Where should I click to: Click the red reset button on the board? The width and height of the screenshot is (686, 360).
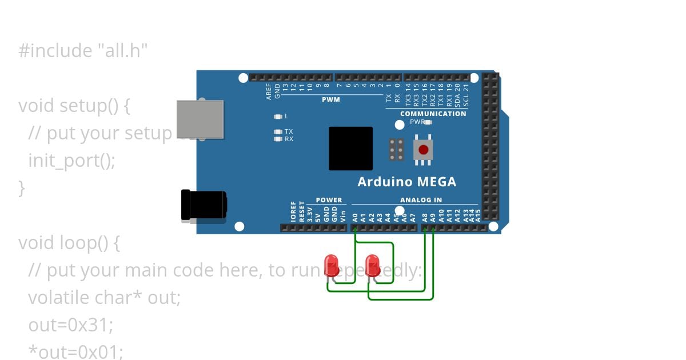423,150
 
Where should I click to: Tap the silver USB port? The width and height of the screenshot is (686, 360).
200,119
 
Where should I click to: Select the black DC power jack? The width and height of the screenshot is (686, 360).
203,205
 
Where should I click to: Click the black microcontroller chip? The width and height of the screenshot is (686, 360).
350,149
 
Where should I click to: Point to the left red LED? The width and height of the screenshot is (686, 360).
331,265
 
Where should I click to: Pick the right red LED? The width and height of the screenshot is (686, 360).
373,265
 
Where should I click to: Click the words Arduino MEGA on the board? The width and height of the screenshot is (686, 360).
406,182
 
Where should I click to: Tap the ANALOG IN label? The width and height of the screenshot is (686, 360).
421,200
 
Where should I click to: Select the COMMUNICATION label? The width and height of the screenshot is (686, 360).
433,114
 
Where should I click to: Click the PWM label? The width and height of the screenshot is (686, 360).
330,100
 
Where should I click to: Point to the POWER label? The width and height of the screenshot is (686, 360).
329,200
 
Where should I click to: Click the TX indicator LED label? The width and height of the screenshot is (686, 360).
289,131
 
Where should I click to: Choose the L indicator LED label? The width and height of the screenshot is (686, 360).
286,116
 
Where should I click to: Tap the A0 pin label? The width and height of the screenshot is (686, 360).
355,217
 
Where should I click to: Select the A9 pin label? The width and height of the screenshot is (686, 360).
433,217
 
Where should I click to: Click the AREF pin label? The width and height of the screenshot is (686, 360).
269,92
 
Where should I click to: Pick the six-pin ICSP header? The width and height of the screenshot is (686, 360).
396,150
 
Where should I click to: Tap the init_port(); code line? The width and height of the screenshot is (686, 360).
71,161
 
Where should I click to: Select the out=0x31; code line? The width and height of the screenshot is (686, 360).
71,325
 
